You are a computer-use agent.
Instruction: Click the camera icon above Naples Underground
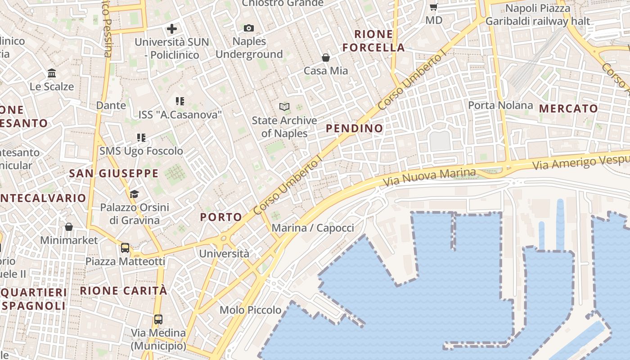coord(249,28)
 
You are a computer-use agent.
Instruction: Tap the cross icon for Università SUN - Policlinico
coord(171,29)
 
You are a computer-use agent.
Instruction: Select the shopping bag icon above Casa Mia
coord(325,58)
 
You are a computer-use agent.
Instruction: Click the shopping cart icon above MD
coord(433,7)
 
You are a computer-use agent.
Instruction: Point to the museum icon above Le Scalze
coord(52,73)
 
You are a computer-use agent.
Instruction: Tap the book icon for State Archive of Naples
coord(284,107)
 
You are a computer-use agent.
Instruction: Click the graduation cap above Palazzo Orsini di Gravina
coord(134,194)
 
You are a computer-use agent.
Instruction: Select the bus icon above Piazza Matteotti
coord(125,248)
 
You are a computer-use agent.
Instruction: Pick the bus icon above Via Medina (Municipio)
coord(158,319)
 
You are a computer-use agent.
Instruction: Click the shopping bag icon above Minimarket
coord(69,227)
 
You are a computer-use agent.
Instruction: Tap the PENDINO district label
coord(355,128)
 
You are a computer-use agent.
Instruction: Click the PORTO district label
coord(221,217)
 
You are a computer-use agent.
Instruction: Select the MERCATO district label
coord(568,108)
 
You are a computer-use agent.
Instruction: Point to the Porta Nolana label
coord(500,105)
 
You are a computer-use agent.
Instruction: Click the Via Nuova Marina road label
coord(430,178)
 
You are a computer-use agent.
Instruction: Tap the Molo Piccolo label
coord(250,310)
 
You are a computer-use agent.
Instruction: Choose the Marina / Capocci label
coord(313,228)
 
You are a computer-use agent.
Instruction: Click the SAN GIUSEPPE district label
coord(113,173)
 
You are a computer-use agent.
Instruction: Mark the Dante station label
coord(111,105)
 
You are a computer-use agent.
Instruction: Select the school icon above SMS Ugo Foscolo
coord(141,138)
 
